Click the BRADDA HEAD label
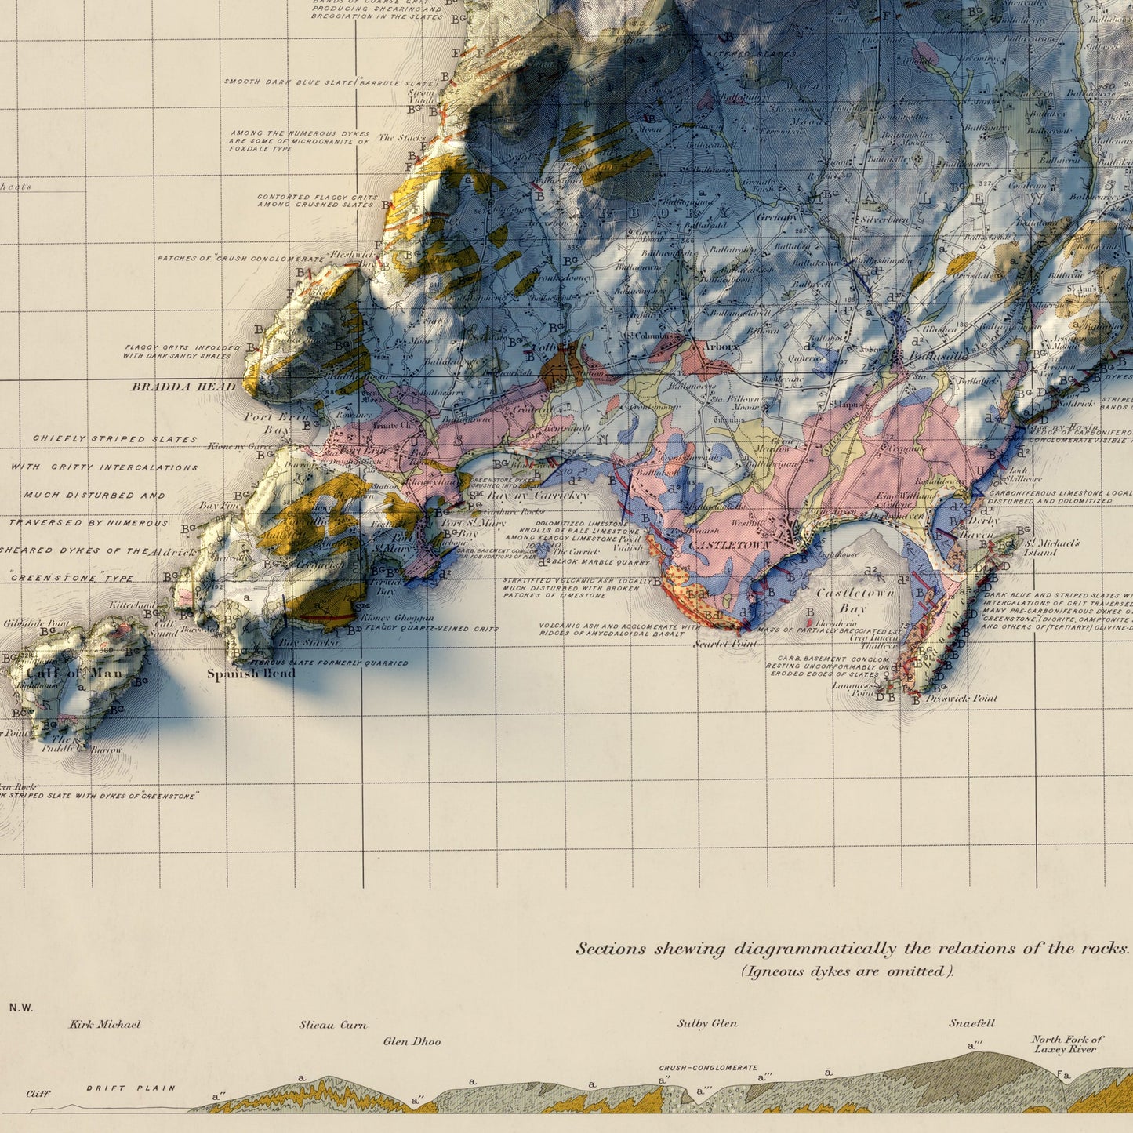[183, 387]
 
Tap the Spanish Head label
[251, 674]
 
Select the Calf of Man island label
[74, 674]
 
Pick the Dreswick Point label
[961, 698]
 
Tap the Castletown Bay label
[854, 601]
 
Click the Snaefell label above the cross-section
[971, 1023]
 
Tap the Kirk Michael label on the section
[104, 1024]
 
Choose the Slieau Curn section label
[332, 1025]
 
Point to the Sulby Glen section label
[707, 1023]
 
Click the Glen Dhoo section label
[412, 1042]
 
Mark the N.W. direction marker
[21, 1008]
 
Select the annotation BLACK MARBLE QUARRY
[601, 562]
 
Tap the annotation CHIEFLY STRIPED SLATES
[114, 439]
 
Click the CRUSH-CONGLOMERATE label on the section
[708, 1068]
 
